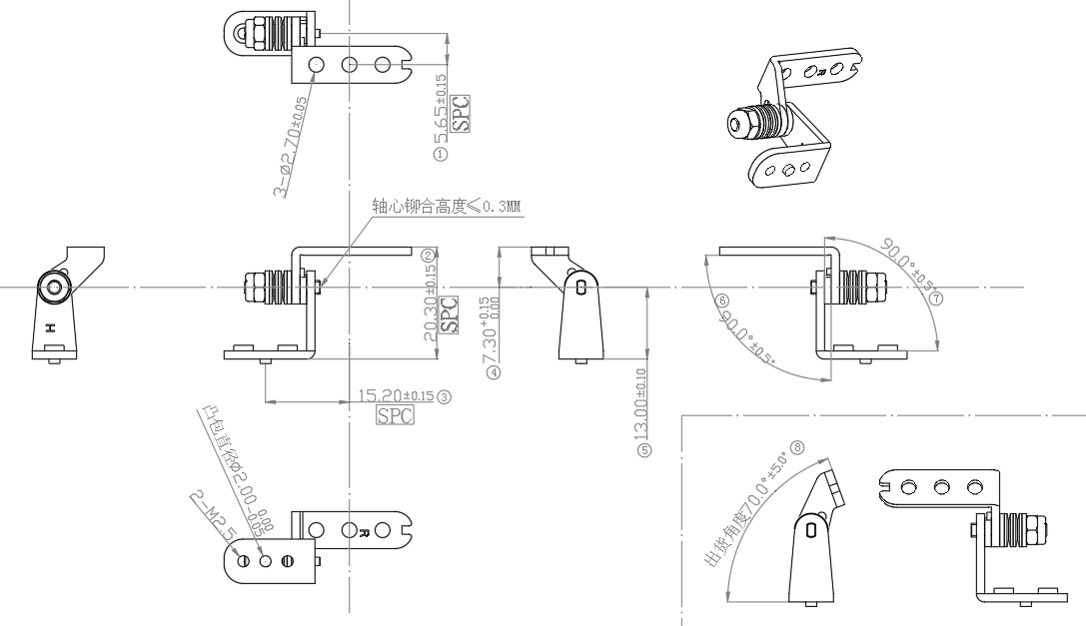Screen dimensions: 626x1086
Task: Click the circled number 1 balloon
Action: pyautogui.click(x=441, y=154)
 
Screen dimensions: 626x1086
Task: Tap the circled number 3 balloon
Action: pyautogui.click(x=445, y=396)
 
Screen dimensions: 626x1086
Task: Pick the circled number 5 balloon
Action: pyautogui.click(x=645, y=450)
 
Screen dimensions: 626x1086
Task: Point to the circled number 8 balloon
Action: pyautogui.click(x=797, y=447)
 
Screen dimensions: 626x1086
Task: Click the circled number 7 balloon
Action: pyautogui.click(x=936, y=299)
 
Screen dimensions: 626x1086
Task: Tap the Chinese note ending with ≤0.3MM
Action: pyautogui.click(x=448, y=207)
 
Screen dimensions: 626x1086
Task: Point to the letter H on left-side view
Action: pyautogui.click(x=48, y=326)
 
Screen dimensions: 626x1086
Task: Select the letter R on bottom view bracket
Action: pyautogui.click(x=366, y=531)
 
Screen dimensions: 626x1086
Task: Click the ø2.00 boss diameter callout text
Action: pyautogui.click(x=231, y=461)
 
